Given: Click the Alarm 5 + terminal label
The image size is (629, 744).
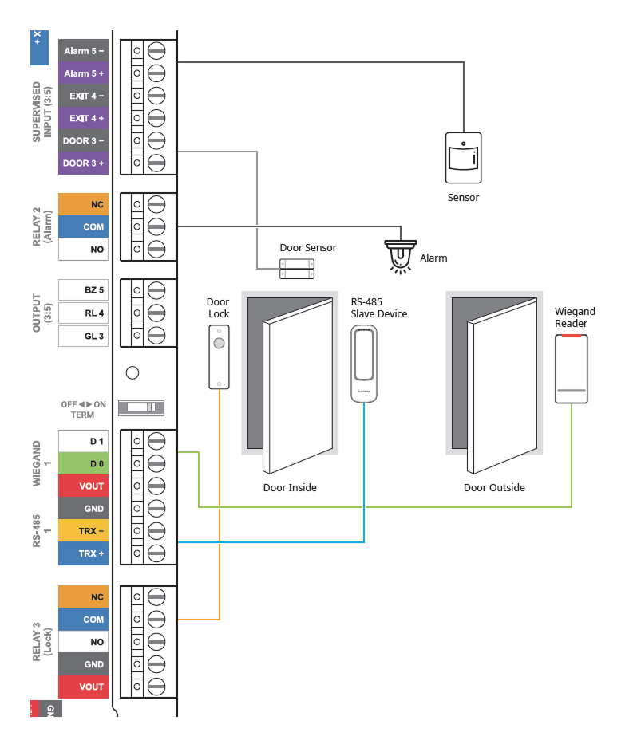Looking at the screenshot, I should (x=83, y=73).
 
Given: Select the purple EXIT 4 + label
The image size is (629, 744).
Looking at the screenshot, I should (x=83, y=118).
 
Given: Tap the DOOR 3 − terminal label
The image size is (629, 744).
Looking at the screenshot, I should (x=83, y=140).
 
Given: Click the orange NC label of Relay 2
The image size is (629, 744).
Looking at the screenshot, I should (x=83, y=204).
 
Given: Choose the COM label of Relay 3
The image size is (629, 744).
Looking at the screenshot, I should (x=83, y=620).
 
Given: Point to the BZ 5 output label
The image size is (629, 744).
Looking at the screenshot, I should (x=83, y=290).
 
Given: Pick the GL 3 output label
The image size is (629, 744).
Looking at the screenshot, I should (x=83, y=336).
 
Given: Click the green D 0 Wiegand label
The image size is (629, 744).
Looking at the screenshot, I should (x=83, y=463).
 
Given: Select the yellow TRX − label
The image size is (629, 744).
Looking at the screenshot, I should (x=83, y=530).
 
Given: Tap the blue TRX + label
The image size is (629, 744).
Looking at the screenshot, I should (x=83, y=553).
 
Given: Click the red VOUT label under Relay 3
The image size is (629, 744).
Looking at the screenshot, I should (x=83, y=687).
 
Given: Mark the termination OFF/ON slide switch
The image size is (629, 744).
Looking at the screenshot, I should (x=141, y=407).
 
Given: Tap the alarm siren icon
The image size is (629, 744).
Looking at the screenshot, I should (x=400, y=255).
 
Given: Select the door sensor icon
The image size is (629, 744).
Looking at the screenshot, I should (x=296, y=269).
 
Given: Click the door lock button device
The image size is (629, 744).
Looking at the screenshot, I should (x=218, y=360).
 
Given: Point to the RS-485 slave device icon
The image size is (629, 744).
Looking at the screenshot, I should (x=363, y=364).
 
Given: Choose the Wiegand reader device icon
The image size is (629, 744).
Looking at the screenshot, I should (x=572, y=368).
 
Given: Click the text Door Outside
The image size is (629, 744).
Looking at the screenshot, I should (x=494, y=487).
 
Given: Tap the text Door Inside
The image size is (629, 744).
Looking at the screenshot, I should (x=290, y=487).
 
